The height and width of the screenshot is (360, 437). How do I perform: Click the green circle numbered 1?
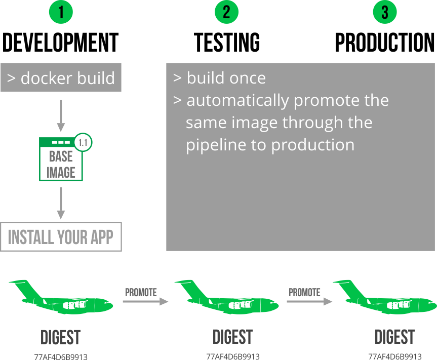pyautogui.click(x=61, y=13)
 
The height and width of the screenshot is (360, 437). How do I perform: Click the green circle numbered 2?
pyautogui.click(x=226, y=13)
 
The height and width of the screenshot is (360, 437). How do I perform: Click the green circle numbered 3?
pyautogui.click(x=385, y=13)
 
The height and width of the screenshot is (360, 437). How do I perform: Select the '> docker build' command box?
pyautogui.click(x=61, y=78)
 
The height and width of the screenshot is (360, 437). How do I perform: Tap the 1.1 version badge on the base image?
pyautogui.click(x=83, y=143)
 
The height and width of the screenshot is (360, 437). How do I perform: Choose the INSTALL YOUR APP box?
pyautogui.click(x=61, y=236)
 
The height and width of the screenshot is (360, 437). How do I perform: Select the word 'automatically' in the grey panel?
pyautogui.click(x=237, y=100)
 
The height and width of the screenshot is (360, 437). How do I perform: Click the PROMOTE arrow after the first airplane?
pyautogui.click(x=145, y=301)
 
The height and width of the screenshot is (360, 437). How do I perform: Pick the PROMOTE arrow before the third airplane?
pyautogui.click(x=309, y=301)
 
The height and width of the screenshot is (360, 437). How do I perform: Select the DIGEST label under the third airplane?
pyautogui.click(x=394, y=337)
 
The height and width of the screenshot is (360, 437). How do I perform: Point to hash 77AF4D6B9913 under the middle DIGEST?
pyautogui.click(x=233, y=356)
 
